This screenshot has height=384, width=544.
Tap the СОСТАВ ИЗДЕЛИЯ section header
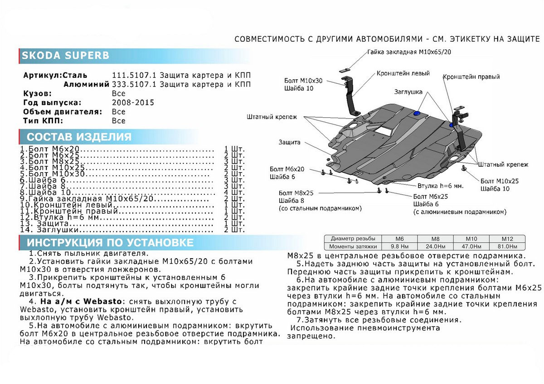(x=79, y=137)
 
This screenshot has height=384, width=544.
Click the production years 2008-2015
(x=132, y=103)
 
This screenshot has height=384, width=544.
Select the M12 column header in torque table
(x=506, y=239)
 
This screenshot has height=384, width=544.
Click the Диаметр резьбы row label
(x=353, y=239)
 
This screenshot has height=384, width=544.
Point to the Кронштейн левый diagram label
(x=403, y=73)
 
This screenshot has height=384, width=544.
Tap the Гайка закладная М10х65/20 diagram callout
(x=409, y=52)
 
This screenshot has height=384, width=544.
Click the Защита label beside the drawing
(x=289, y=142)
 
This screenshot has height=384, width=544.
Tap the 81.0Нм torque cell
(x=506, y=247)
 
